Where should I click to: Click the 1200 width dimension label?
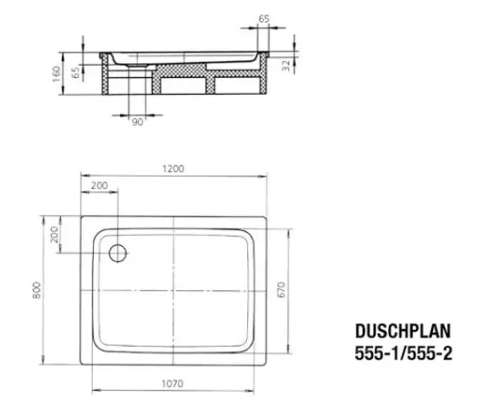[173, 168]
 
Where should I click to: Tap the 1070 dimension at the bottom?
[173, 383]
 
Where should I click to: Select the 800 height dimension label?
[36, 290]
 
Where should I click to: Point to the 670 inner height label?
[282, 289]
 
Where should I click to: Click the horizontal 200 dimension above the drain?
[99, 185]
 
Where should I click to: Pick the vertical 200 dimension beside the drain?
[55, 234]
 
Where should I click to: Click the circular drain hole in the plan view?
[118, 253]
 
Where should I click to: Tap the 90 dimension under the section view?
[138, 122]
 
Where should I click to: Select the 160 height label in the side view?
[57, 74]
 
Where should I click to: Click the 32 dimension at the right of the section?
[286, 66]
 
